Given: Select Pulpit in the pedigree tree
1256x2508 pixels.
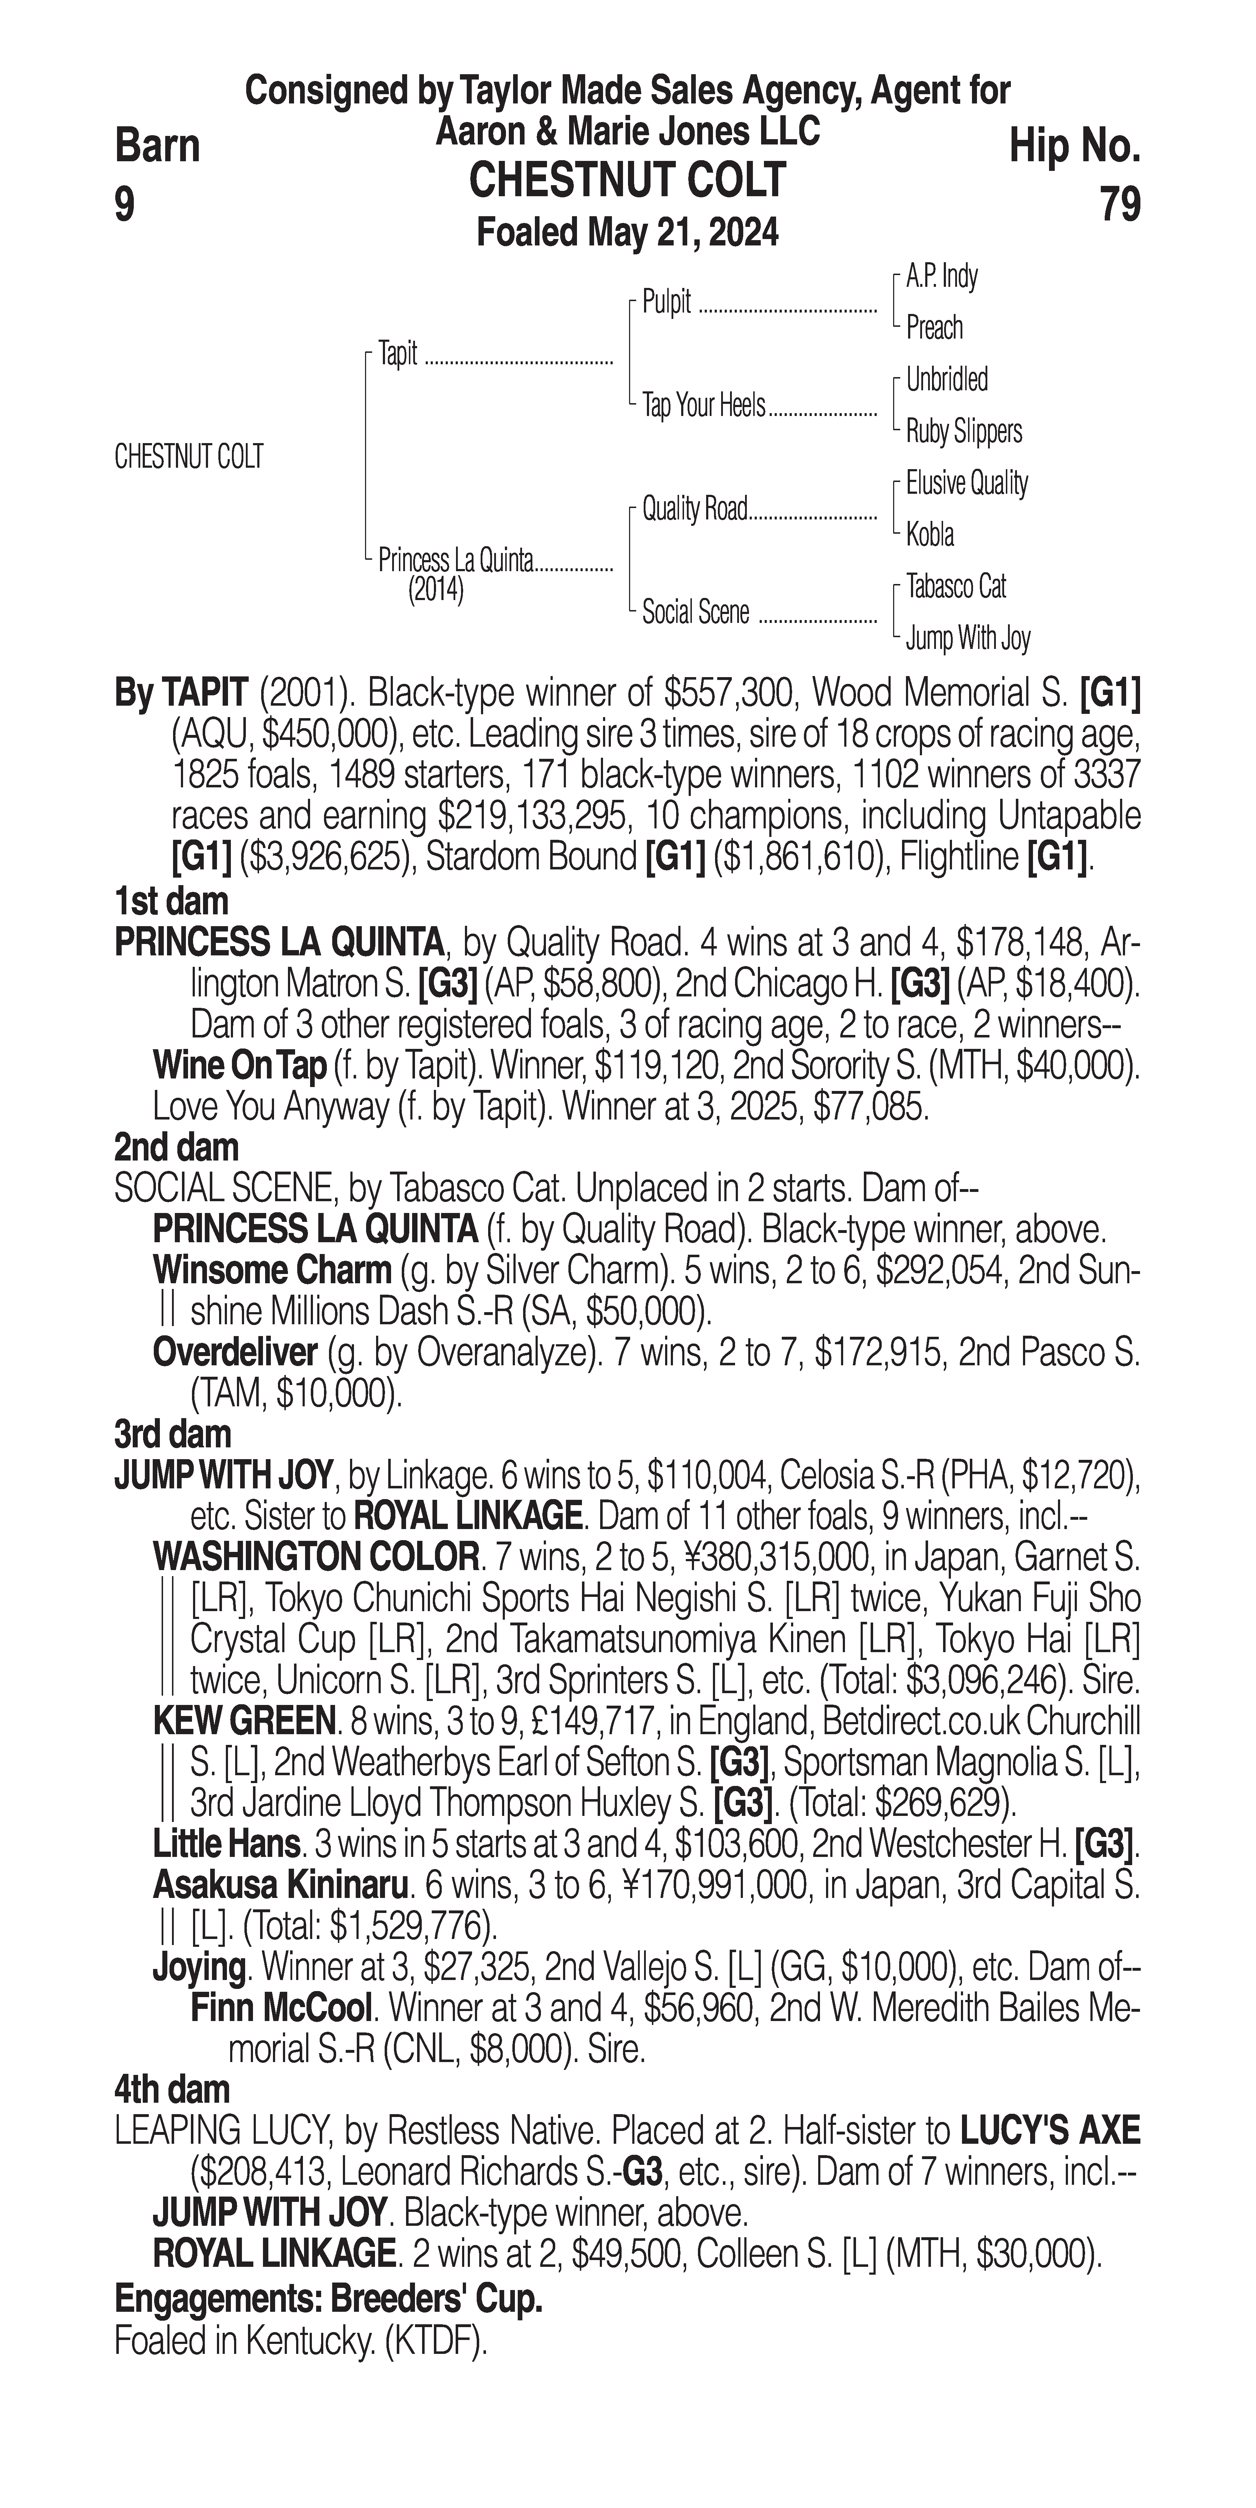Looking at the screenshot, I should tap(667, 303).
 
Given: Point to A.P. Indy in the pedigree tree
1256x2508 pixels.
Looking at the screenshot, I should tap(942, 276).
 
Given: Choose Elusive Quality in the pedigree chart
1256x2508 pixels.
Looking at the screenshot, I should tap(967, 483).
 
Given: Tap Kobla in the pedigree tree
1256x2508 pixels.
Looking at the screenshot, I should tap(930, 534).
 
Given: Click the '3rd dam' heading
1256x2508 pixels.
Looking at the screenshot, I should tap(173, 1434).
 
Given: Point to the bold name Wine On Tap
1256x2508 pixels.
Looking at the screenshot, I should tap(239, 1066).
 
